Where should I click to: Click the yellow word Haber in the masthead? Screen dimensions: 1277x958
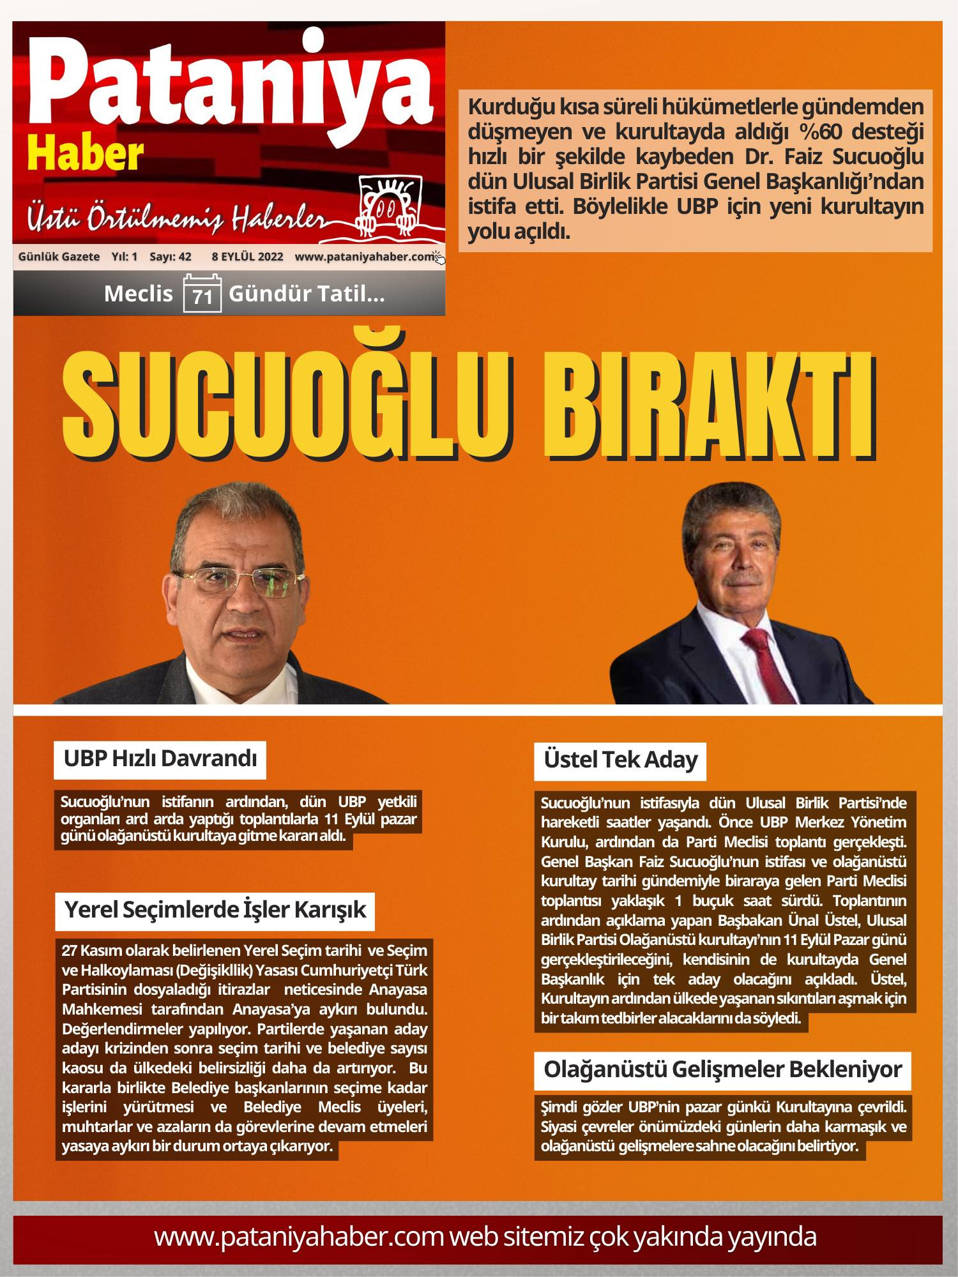[x=86, y=155]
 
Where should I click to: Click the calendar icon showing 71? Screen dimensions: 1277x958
[x=202, y=294]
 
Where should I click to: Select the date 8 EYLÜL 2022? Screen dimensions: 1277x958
[x=247, y=257]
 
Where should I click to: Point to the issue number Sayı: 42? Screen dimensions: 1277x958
[x=170, y=257]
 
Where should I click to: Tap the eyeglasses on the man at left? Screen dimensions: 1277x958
[x=240, y=581]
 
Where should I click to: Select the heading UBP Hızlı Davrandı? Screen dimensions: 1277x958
[x=160, y=759]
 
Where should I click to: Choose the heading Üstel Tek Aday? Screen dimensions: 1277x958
[x=620, y=760]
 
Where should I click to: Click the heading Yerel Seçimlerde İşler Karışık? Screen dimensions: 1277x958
[x=215, y=910]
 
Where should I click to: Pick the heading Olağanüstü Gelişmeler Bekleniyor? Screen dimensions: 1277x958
[x=722, y=1070]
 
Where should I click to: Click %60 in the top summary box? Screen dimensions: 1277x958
[x=825, y=132]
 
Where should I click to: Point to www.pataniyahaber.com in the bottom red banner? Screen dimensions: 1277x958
[x=298, y=1237]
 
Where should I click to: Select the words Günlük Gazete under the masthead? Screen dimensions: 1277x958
[x=59, y=257]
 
